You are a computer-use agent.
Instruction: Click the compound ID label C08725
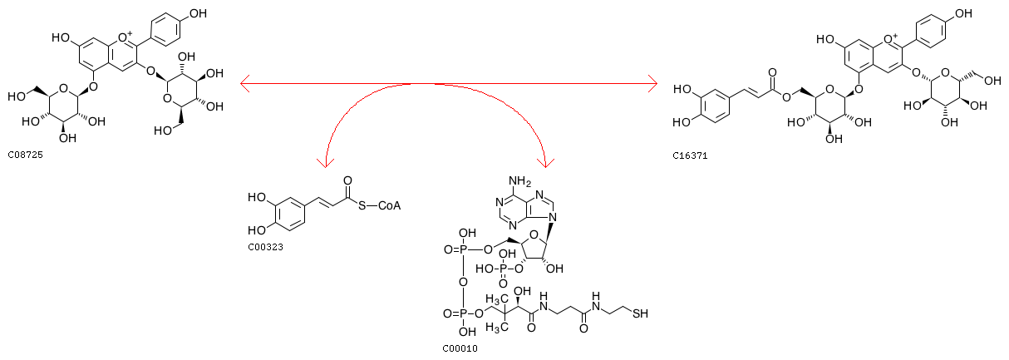[x=26, y=155]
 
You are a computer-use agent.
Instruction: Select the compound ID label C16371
[x=690, y=156]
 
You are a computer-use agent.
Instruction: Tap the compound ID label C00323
[x=266, y=248]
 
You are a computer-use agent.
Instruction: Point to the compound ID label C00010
[x=460, y=348]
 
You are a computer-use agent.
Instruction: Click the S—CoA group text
[x=379, y=206]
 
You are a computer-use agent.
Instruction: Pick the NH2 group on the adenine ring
[x=520, y=181]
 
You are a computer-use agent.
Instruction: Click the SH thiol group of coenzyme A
[x=640, y=313]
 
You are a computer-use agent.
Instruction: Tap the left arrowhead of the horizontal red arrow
[x=245, y=83]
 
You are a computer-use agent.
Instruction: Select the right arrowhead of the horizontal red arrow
[x=652, y=83]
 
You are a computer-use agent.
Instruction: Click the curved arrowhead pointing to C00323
[x=325, y=163]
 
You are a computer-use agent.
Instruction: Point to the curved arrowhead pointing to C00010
[x=546, y=163]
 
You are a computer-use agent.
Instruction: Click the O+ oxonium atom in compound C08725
[x=124, y=37]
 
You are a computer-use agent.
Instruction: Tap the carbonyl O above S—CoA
[x=347, y=180]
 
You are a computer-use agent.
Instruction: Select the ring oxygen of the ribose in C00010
[x=534, y=234]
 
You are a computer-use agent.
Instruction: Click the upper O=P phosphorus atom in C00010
[x=463, y=249]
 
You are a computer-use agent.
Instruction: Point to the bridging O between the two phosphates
[x=463, y=282]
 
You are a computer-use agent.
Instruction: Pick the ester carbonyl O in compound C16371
[x=772, y=72]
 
